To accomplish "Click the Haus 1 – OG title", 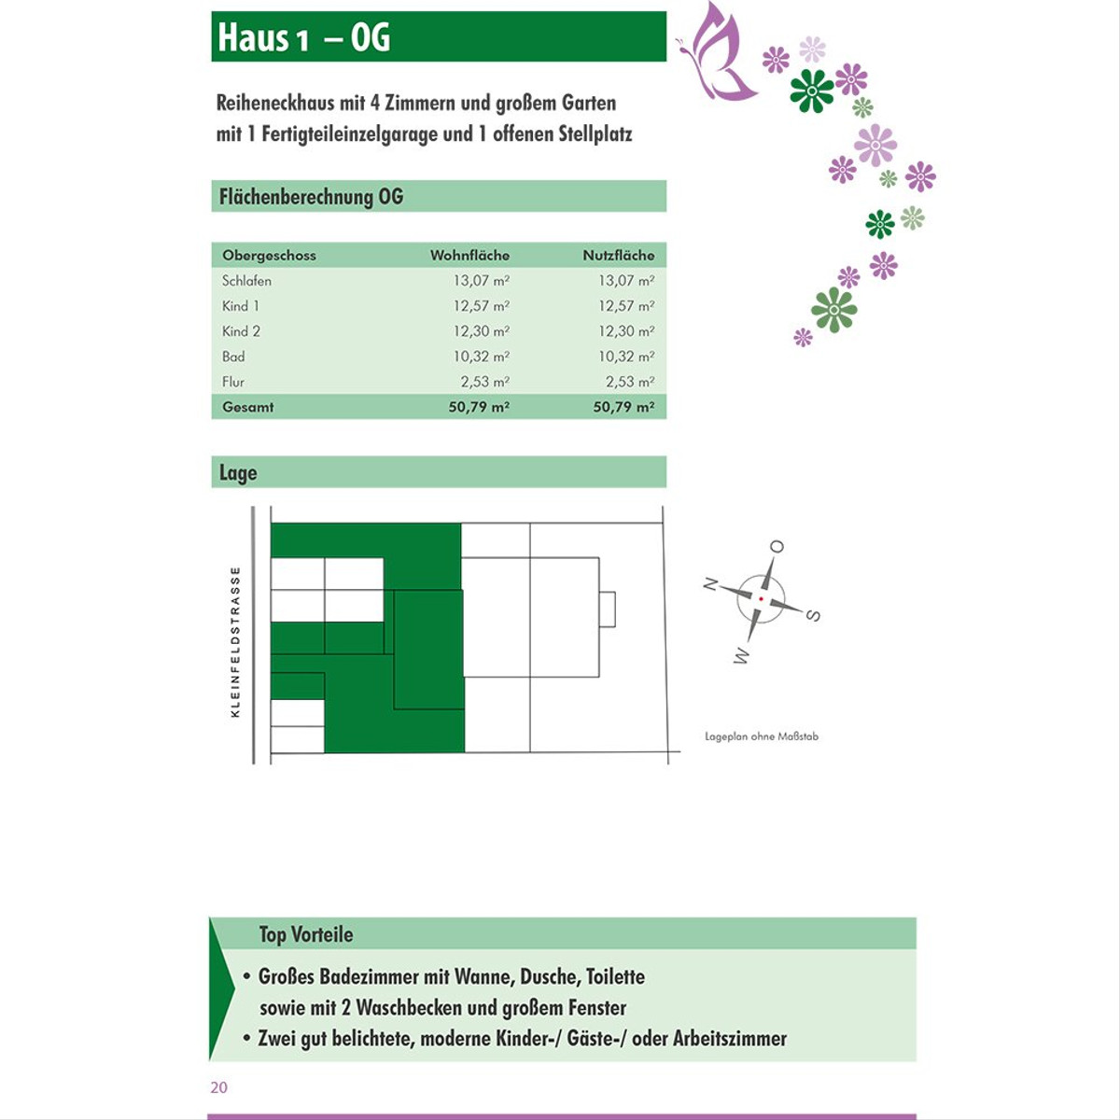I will (x=304, y=37).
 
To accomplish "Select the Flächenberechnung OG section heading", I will (x=311, y=197).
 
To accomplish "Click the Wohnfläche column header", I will (x=469, y=255).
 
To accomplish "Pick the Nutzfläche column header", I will (x=618, y=255).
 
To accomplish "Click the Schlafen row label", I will (x=246, y=280).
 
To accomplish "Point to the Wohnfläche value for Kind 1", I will (x=481, y=306).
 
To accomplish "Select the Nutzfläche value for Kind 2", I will (x=625, y=331).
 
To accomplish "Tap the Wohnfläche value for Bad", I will (x=481, y=357).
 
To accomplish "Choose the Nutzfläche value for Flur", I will (x=629, y=382).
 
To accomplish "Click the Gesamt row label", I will (x=248, y=407).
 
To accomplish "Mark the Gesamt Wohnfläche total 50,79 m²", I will (x=478, y=407).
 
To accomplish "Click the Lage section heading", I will (x=238, y=473).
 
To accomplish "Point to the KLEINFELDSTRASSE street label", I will (x=235, y=642).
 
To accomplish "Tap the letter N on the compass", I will (x=710, y=584).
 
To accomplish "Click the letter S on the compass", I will (x=813, y=615).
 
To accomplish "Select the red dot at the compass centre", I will (x=762, y=598).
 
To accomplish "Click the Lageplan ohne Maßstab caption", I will (x=762, y=736).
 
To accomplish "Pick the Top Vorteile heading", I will (x=306, y=934).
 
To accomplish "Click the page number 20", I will (x=219, y=1087).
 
